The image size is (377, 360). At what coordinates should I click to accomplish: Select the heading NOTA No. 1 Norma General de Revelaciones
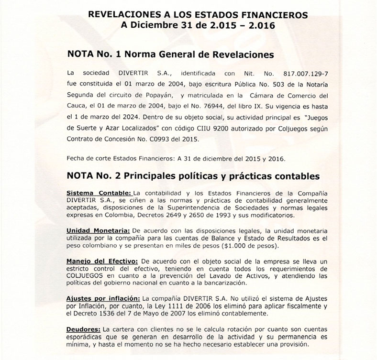[171, 55]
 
